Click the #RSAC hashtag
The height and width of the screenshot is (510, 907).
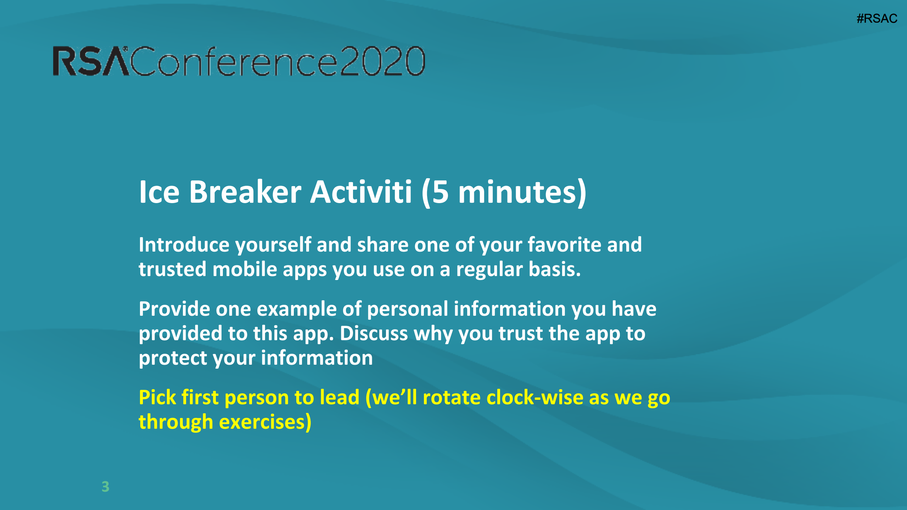(x=877, y=18)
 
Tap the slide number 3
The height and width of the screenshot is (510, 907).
(x=105, y=487)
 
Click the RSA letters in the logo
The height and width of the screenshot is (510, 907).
(x=91, y=61)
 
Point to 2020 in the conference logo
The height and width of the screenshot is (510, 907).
(x=383, y=61)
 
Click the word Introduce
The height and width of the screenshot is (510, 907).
(x=184, y=245)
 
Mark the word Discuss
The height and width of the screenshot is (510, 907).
(x=374, y=334)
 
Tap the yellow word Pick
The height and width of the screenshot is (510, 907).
(x=157, y=397)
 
